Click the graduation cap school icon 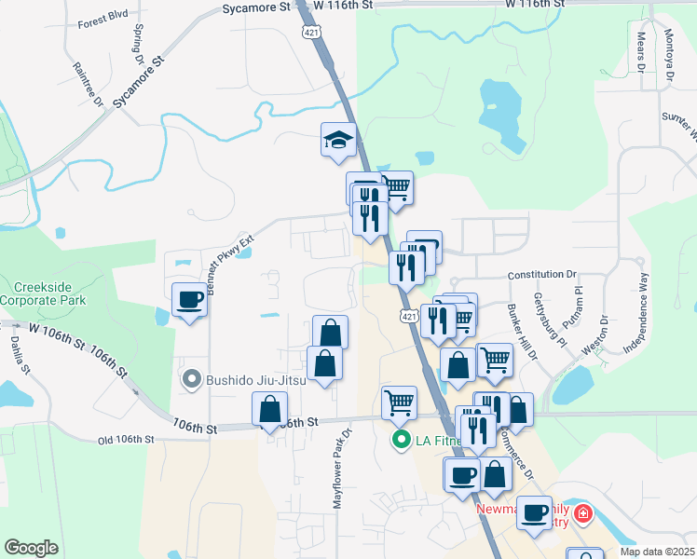[339, 142]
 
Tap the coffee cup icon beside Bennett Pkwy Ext [190, 300]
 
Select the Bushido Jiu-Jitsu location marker [192, 379]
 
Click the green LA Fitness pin [402, 437]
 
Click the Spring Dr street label [141, 45]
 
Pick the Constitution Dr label [542, 275]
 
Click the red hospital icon [582, 513]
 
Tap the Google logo [31, 548]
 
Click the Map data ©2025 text [657, 552]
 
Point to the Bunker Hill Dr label [523, 330]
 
